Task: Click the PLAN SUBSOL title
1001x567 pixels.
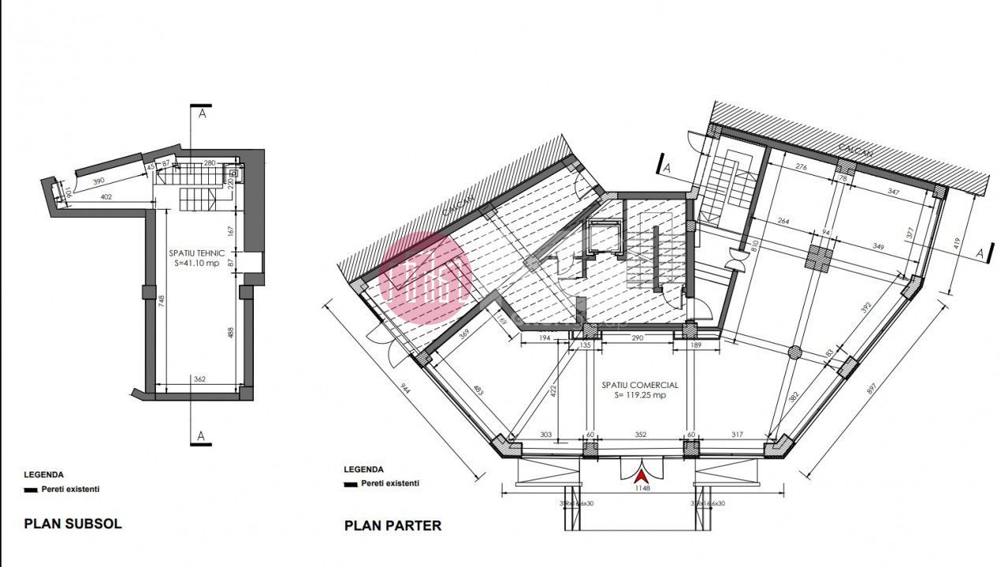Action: click(73, 523)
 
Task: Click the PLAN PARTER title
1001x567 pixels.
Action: click(393, 525)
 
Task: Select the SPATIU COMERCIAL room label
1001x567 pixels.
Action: click(639, 385)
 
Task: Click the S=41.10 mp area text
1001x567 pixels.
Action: click(197, 263)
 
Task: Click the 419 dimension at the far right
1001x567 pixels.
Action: click(956, 244)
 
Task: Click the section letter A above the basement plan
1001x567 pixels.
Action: click(202, 114)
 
